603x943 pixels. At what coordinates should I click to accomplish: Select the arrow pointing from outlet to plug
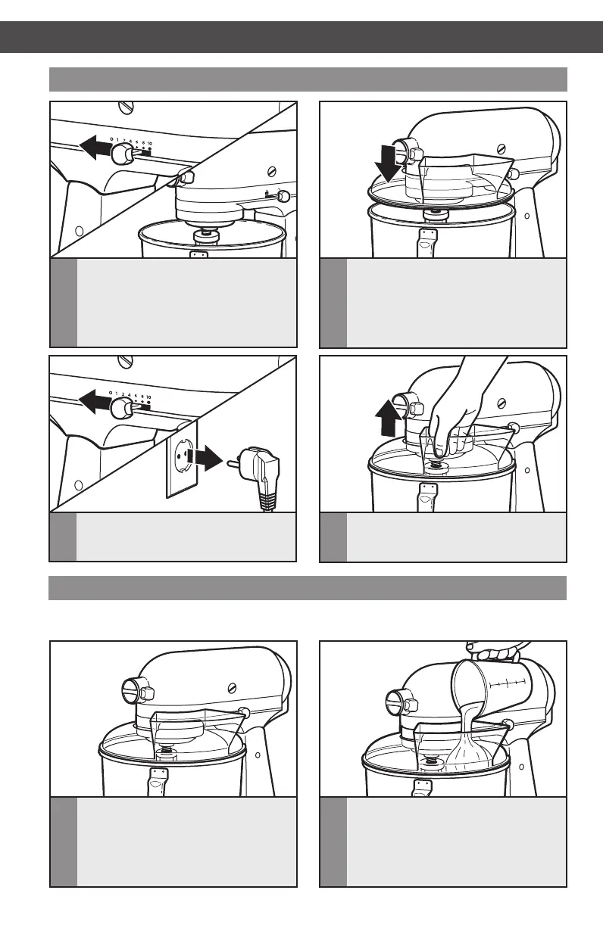(204, 456)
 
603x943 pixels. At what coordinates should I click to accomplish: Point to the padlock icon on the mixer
(268, 195)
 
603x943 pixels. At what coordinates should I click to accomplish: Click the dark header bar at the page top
(301, 36)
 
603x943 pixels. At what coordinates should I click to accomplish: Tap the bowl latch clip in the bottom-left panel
(159, 779)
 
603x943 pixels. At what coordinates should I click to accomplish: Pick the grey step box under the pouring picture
(443, 841)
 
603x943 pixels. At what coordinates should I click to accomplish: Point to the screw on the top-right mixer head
(501, 149)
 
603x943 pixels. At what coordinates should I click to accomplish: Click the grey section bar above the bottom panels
(308, 587)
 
